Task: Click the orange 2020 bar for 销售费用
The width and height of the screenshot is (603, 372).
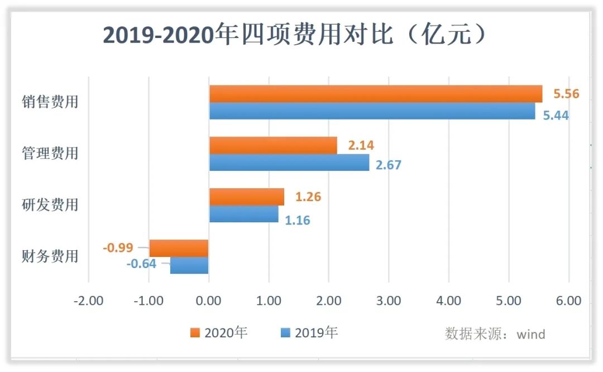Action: tap(375, 94)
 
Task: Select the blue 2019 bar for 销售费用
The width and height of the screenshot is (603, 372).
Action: tap(372, 111)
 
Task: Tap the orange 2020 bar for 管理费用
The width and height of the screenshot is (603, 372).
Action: tap(273, 145)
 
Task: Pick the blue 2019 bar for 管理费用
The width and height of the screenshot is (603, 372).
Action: tap(289, 163)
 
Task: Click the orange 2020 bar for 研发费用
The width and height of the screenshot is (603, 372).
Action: tap(246, 197)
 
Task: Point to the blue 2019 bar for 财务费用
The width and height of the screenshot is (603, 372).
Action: tap(189, 265)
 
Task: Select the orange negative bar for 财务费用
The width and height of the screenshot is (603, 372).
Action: tap(179, 248)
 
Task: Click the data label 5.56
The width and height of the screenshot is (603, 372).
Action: tap(566, 94)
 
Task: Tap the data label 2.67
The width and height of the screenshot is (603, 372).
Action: tap(388, 165)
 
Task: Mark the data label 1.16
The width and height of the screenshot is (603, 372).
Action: tap(297, 220)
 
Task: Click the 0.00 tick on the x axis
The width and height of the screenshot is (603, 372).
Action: tap(209, 301)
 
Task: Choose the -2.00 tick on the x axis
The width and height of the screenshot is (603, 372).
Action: tap(88, 301)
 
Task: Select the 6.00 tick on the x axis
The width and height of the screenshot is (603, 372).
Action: tap(568, 301)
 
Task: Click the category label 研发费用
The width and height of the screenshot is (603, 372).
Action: tap(50, 205)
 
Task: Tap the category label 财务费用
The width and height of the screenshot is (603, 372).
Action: tap(50, 256)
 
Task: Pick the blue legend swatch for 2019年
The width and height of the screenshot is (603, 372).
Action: tap(285, 333)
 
